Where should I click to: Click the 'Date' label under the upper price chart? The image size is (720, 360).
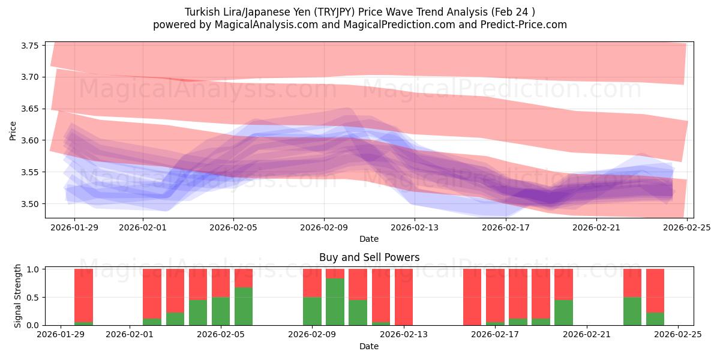click(x=368, y=239)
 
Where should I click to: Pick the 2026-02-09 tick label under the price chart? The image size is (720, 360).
click(x=324, y=227)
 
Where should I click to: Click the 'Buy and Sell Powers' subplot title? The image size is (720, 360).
click(x=368, y=257)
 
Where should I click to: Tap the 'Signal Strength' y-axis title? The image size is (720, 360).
click(x=18, y=296)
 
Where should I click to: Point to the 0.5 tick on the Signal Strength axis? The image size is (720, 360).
click(x=34, y=298)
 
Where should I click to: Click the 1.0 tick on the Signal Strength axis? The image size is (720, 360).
click(x=34, y=269)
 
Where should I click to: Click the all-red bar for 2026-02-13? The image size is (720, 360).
click(x=404, y=297)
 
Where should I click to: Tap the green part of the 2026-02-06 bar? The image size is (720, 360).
click(x=244, y=306)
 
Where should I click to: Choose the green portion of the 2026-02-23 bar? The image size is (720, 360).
click(x=632, y=311)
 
